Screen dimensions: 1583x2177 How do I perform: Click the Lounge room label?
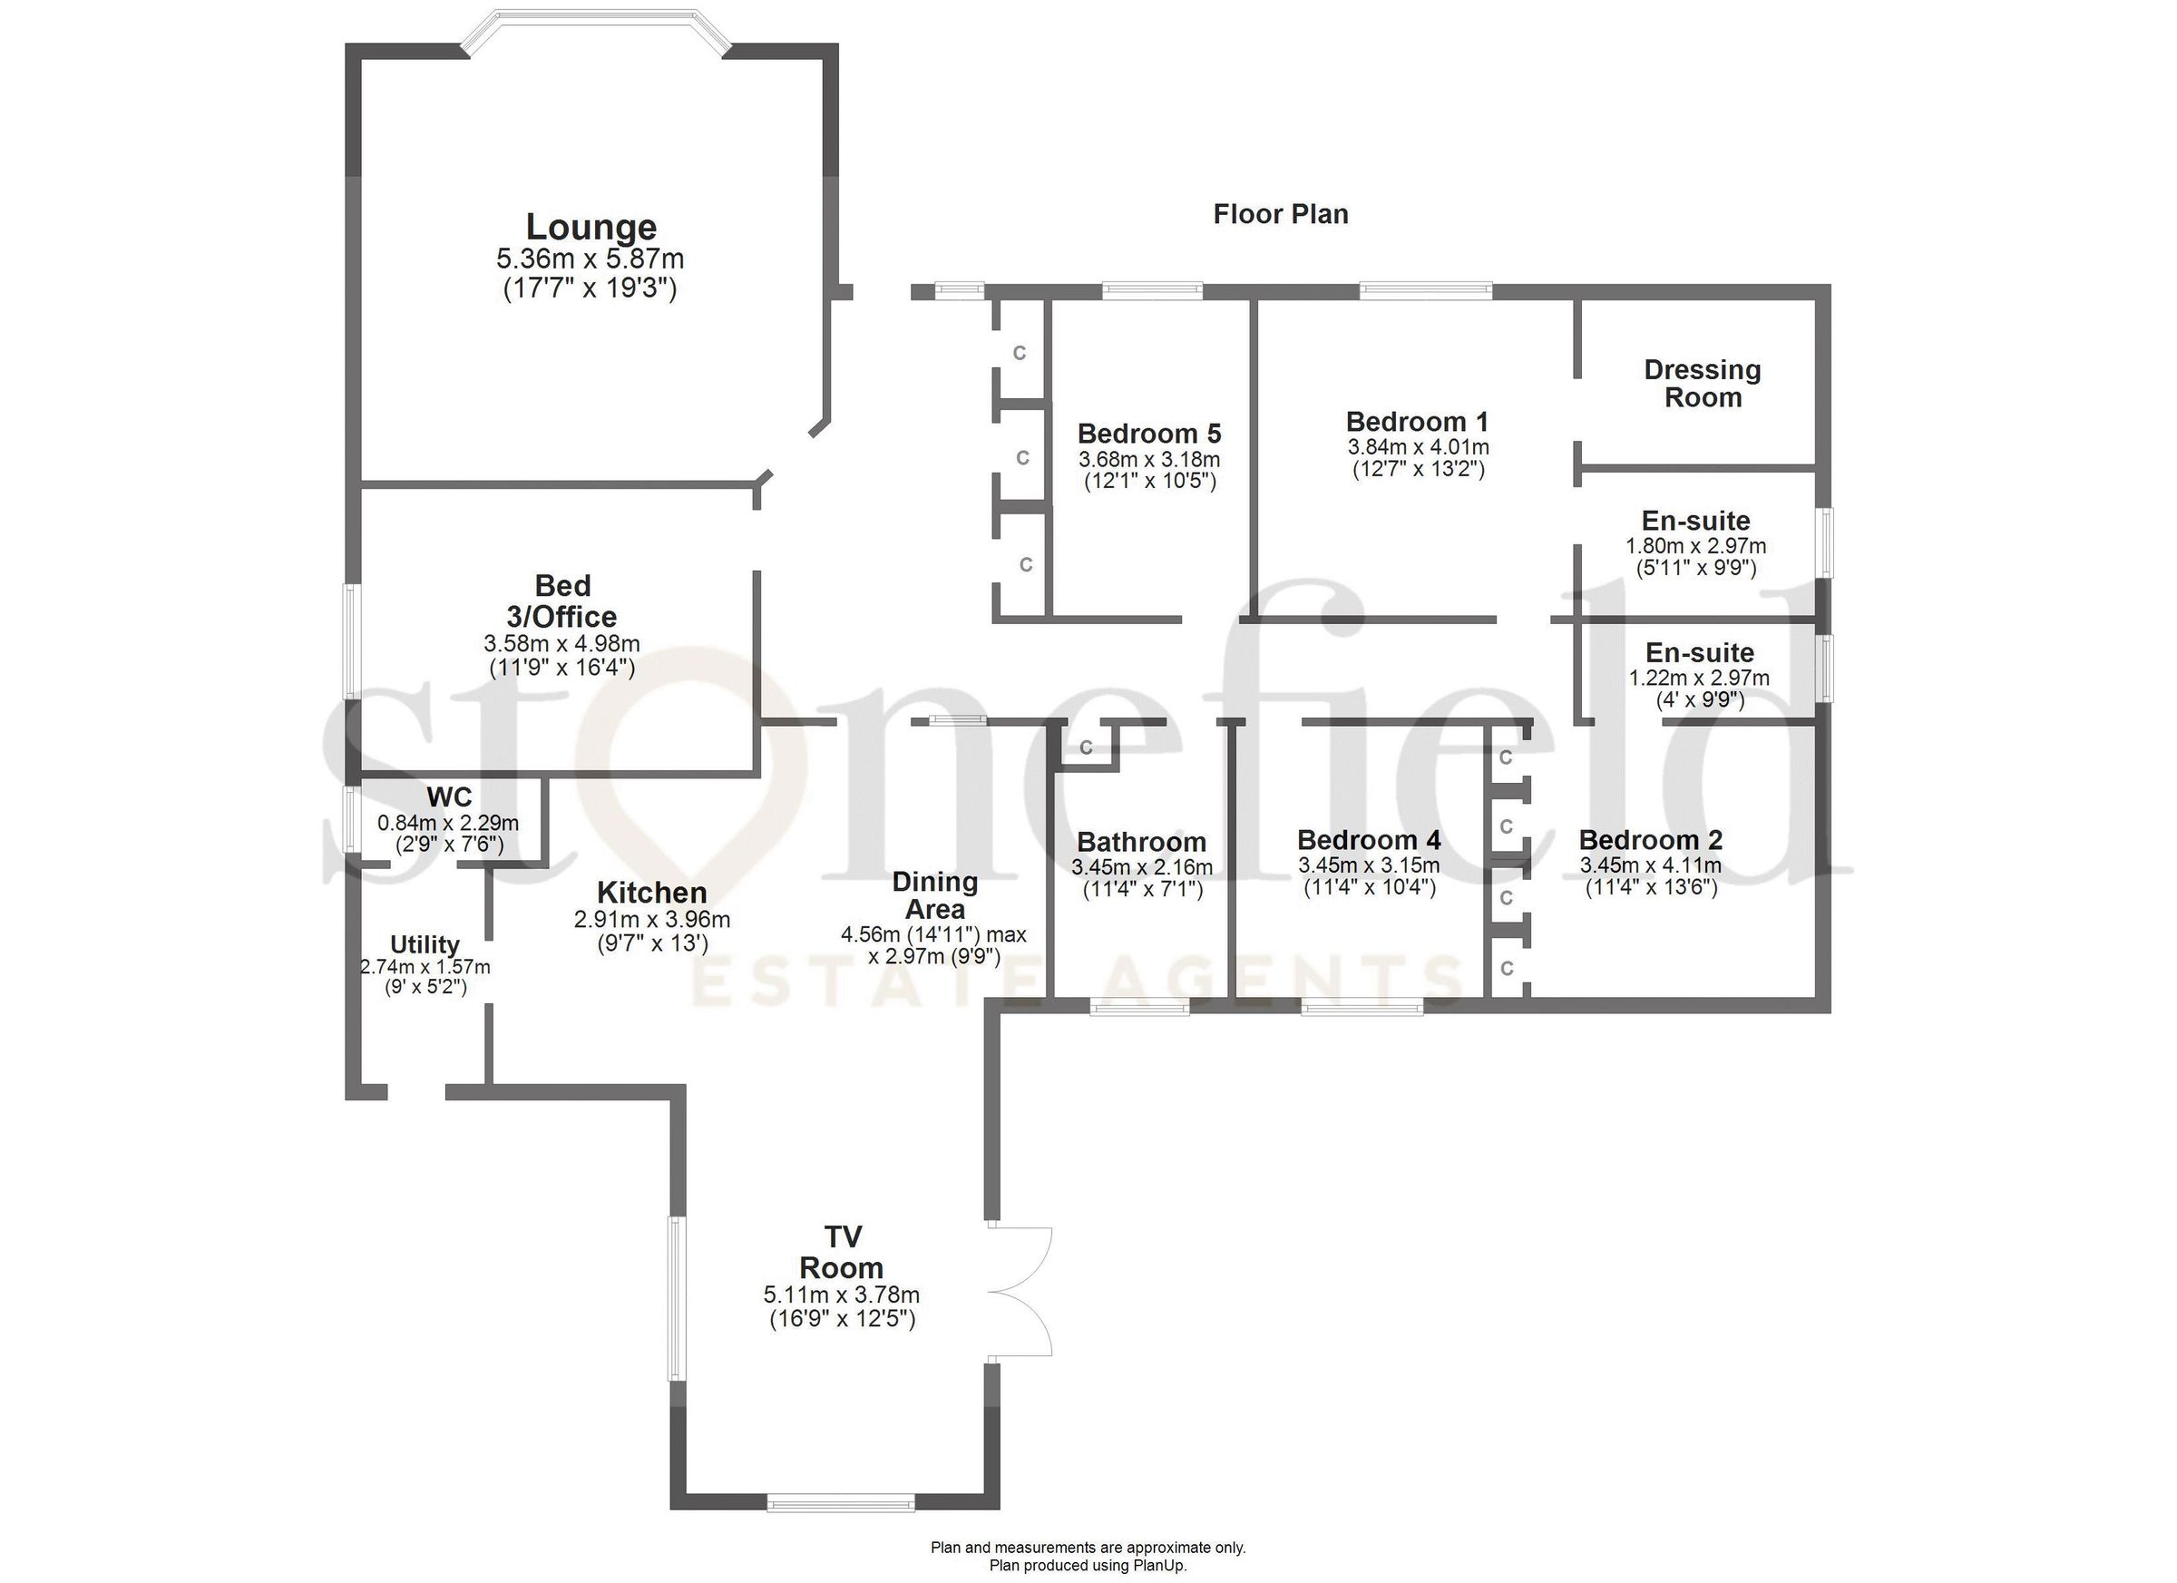591,228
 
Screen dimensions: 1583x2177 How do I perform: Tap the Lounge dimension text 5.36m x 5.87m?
590,259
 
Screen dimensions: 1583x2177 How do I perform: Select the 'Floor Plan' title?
1280,214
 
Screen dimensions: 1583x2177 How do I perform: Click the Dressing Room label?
1702,383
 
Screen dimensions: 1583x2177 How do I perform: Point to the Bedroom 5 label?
1148,434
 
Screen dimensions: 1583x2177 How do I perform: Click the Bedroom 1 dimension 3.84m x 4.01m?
1418,447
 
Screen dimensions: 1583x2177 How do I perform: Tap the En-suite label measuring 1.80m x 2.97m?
1695,522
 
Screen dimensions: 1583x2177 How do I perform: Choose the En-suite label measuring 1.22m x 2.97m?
1699,653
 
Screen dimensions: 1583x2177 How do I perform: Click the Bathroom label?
1140,842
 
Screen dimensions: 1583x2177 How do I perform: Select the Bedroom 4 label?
1368,840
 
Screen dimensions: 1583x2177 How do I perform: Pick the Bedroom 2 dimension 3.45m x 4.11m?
1650,865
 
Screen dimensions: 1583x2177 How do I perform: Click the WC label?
448,796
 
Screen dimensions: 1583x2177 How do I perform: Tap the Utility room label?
425,944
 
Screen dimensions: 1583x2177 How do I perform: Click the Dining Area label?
934,894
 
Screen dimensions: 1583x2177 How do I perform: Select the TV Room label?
841,1252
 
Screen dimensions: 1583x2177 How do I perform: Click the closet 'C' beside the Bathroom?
1086,747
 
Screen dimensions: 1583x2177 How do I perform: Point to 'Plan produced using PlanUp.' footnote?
1088,1565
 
